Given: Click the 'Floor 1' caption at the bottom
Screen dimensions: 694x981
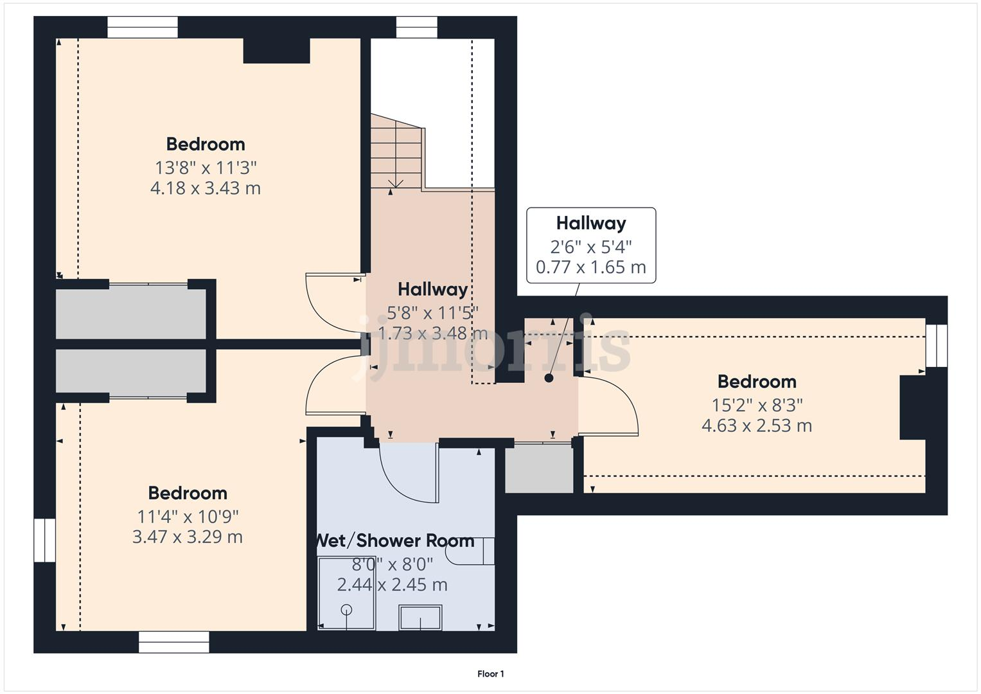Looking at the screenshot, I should point(491,674).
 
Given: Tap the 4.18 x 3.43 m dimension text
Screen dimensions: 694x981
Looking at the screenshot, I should point(206,188).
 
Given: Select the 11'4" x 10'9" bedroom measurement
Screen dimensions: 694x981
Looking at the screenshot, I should point(188,516).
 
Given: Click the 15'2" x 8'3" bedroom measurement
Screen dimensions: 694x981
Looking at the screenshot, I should point(757,405).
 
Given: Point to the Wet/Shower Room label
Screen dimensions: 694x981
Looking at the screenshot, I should point(394,540).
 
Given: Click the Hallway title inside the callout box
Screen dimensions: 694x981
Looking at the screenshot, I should point(590,223).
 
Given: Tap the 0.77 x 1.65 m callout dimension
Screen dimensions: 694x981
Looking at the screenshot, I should point(590,267).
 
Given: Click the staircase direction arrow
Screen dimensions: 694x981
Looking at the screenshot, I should point(396,184).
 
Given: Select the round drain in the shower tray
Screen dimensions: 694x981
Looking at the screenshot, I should point(347,609).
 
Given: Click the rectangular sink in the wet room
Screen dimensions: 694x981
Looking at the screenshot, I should point(420,618).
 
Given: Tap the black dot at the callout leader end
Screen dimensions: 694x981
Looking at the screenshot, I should point(549,378).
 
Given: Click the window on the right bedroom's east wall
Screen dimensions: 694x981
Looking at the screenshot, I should point(937,345).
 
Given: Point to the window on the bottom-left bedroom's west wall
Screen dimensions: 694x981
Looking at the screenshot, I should point(44,540).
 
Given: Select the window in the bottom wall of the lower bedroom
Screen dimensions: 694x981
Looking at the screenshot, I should point(173,642).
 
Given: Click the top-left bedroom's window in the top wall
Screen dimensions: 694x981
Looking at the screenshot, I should point(142,27).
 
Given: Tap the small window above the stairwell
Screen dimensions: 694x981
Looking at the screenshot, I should point(416,27).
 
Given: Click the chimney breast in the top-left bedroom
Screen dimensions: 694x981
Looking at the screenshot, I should point(276,50).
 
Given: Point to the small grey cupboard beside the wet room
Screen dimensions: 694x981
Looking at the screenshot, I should point(539,469).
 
